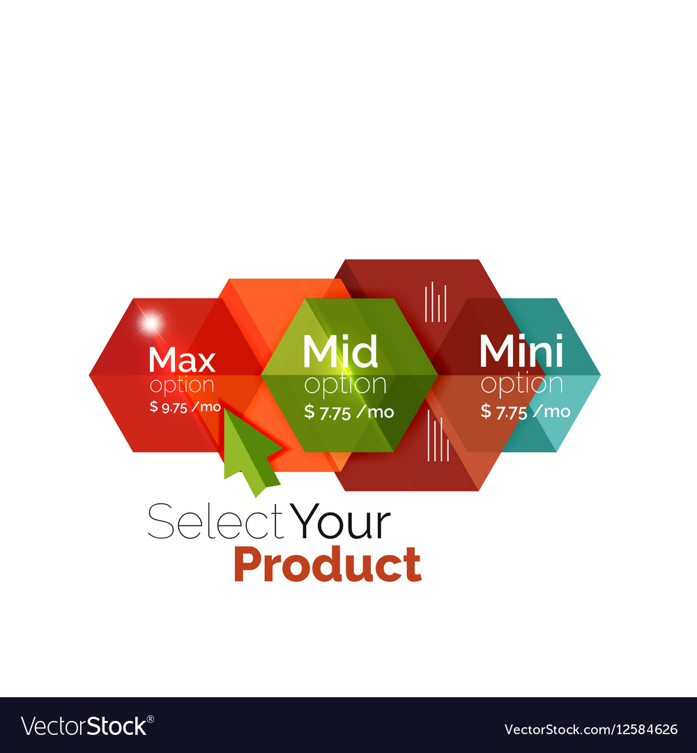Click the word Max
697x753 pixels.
click(182, 360)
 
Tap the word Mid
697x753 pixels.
click(340, 352)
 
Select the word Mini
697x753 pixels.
click(521, 352)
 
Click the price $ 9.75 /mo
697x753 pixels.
click(185, 407)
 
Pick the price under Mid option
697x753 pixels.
click(348, 411)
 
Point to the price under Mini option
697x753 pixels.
click(525, 411)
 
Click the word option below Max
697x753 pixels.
click(182, 385)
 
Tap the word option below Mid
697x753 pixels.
click(345, 385)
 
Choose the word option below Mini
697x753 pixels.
click(521, 385)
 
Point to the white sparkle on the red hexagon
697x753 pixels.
click(150, 322)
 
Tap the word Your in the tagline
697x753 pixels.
click(341, 523)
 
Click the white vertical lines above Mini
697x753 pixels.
click(436, 301)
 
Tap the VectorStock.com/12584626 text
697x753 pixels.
click(591, 729)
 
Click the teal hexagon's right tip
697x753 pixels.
click(598, 375)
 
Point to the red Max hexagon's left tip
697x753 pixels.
click(91, 375)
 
